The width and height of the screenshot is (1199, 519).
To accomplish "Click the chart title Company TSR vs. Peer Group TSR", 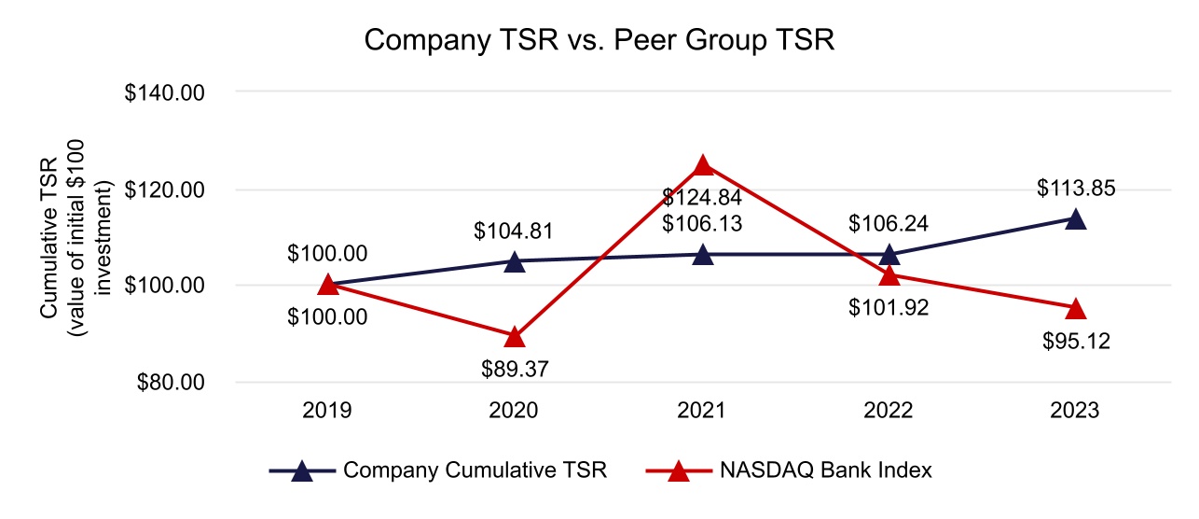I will [599, 42].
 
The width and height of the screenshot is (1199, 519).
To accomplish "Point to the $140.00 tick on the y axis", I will [165, 93].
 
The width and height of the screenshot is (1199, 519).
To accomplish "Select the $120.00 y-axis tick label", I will [165, 189].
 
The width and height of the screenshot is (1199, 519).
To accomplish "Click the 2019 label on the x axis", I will [327, 411].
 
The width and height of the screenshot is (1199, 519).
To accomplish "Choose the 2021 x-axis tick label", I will [702, 411].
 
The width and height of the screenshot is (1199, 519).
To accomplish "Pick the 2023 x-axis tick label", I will [1076, 411].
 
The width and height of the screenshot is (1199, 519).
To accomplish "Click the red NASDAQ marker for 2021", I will [703, 165].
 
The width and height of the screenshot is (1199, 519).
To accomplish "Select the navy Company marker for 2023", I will [1076, 219].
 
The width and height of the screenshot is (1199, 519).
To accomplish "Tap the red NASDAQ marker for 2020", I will [515, 336].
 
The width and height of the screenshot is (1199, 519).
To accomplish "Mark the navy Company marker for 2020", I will [515, 262].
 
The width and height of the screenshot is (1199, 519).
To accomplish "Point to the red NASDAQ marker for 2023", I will [1076, 308].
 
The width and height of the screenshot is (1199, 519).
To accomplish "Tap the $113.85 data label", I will [1076, 189].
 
